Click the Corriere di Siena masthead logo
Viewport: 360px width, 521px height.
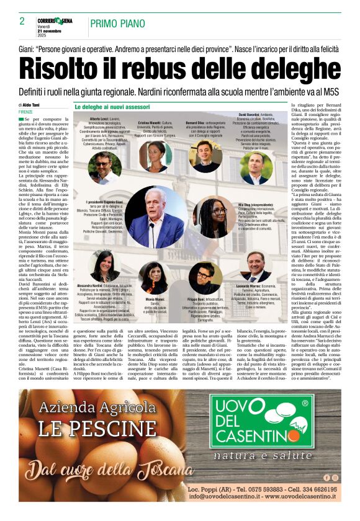click(54, 20)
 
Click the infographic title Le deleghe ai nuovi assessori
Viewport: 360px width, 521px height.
click(112, 107)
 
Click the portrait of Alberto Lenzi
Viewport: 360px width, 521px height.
click(104, 167)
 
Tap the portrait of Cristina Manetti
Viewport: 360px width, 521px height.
click(155, 157)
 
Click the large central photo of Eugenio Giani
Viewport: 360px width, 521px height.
click(155, 217)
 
